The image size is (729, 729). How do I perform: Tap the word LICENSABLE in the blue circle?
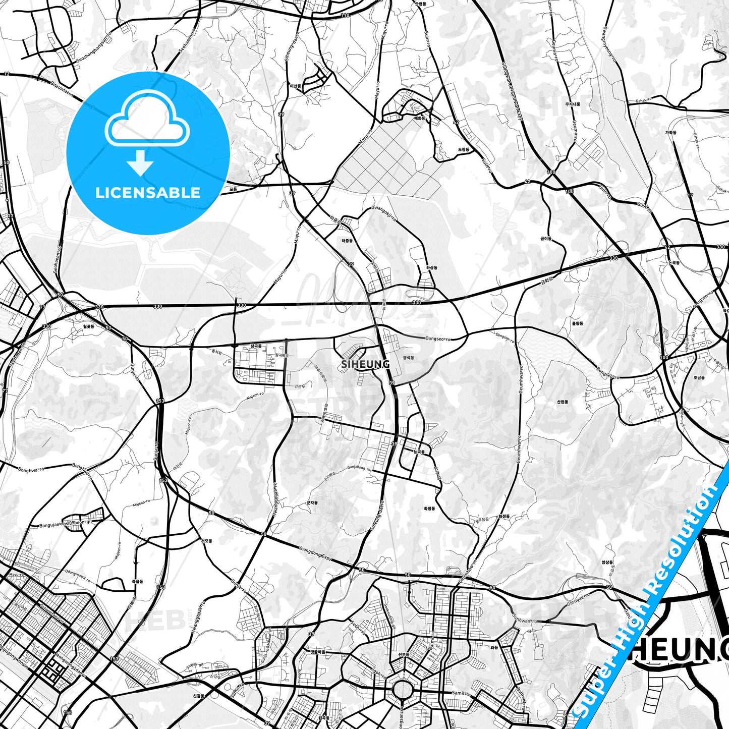[148, 192]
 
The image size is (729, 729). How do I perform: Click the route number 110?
[345, 15]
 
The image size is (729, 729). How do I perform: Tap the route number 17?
[691, 194]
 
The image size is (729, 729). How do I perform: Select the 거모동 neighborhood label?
[206, 540]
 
